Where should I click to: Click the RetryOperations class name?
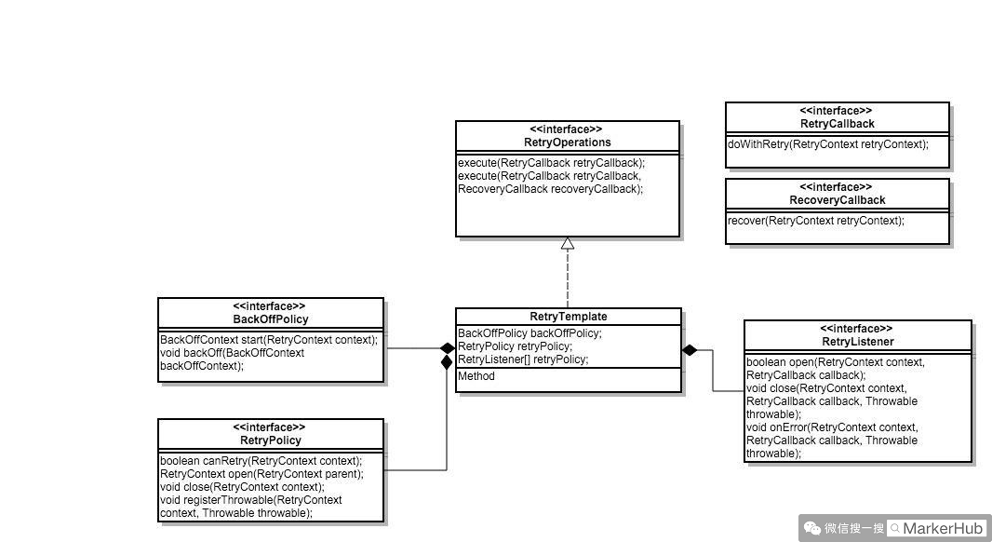(x=567, y=142)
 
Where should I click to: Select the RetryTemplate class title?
(x=568, y=317)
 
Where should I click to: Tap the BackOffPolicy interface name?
(x=270, y=319)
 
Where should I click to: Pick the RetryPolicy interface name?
(x=270, y=440)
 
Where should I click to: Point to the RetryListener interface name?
(x=857, y=342)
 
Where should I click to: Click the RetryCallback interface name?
(x=837, y=124)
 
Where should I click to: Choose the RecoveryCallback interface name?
(x=837, y=200)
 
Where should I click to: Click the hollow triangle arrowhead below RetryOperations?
(x=568, y=244)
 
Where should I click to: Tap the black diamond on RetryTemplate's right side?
(x=690, y=350)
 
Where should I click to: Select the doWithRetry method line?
(x=827, y=144)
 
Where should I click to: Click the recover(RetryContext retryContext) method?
(x=815, y=221)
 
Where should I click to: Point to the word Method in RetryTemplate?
(x=476, y=376)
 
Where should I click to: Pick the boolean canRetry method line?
(x=261, y=460)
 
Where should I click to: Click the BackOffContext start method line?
(x=269, y=340)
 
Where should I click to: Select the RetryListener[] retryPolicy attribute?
(x=522, y=359)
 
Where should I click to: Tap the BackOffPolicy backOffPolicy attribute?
(x=530, y=333)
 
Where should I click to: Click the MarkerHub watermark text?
(x=943, y=528)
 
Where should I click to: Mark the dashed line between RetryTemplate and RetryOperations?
(x=568, y=279)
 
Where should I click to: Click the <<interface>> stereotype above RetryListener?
(x=857, y=329)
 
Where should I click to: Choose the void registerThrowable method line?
(x=250, y=500)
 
